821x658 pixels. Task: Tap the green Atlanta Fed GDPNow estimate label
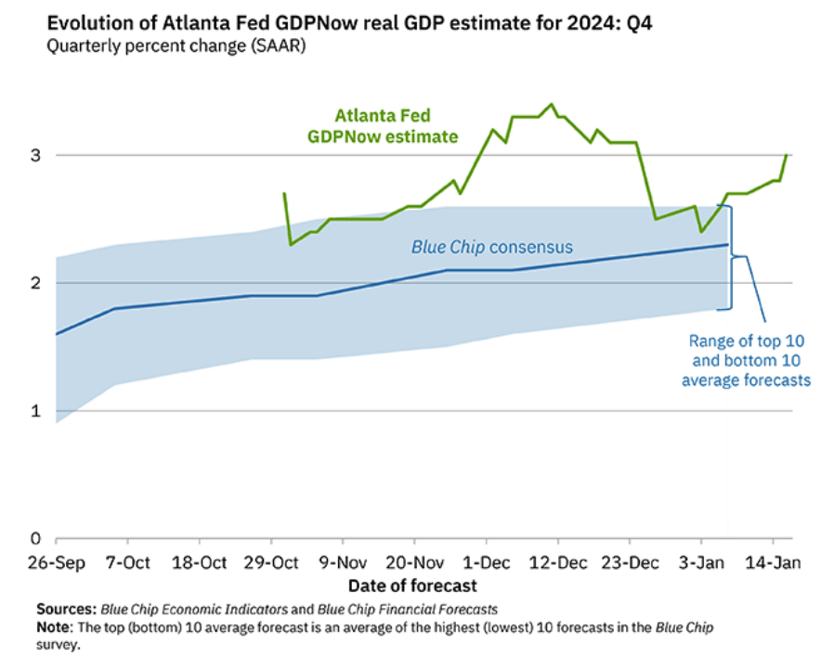tap(384, 126)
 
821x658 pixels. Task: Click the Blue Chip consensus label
tap(491, 247)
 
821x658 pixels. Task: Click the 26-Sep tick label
tap(56, 561)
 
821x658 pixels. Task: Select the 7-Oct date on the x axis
tap(127, 561)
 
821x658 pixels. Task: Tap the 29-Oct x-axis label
tap(271, 561)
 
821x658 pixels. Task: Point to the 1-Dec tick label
tap(486, 561)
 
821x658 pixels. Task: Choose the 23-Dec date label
tap(630, 561)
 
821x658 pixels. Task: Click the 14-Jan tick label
tap(773, 561)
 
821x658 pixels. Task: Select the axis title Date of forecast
tap(412, 586)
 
